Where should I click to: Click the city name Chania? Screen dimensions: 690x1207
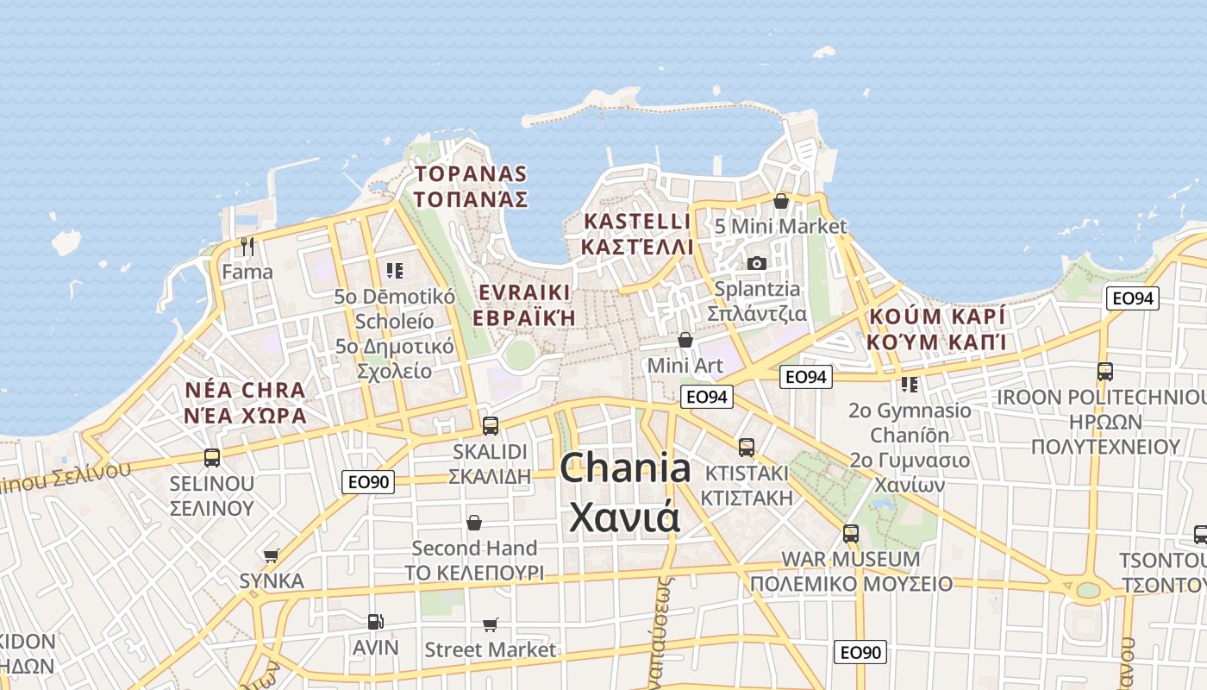point(625,468)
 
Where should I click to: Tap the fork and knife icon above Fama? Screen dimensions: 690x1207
point(247,247)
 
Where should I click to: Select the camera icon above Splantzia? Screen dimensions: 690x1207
point(757,263)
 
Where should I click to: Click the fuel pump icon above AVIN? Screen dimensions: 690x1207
point(375,621)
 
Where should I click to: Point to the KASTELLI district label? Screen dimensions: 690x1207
point(637,222)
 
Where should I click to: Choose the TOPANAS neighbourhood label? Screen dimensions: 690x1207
point(470,174)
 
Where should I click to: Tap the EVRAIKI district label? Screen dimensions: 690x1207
point(523,292)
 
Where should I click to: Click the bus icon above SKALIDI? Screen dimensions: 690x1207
point(491,425)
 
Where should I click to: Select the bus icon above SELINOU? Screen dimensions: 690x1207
point(212,458)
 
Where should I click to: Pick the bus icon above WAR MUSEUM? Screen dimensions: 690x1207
point(851,533)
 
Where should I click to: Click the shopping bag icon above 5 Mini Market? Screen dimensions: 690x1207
point(781,201)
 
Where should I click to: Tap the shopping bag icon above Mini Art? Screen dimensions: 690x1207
point(685,340)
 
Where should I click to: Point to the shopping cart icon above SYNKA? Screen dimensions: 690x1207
point(272,555)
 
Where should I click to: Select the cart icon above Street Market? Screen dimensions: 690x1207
point(491,624)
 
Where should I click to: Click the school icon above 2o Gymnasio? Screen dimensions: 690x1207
point(910,384)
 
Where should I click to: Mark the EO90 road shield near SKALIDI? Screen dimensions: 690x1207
point(368,482)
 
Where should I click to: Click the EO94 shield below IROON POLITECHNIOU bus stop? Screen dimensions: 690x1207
point(1133,298)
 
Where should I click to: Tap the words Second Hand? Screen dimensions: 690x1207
point(474,548)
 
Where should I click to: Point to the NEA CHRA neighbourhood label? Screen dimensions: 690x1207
point(246,390)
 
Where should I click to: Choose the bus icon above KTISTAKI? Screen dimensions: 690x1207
point(747,448)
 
